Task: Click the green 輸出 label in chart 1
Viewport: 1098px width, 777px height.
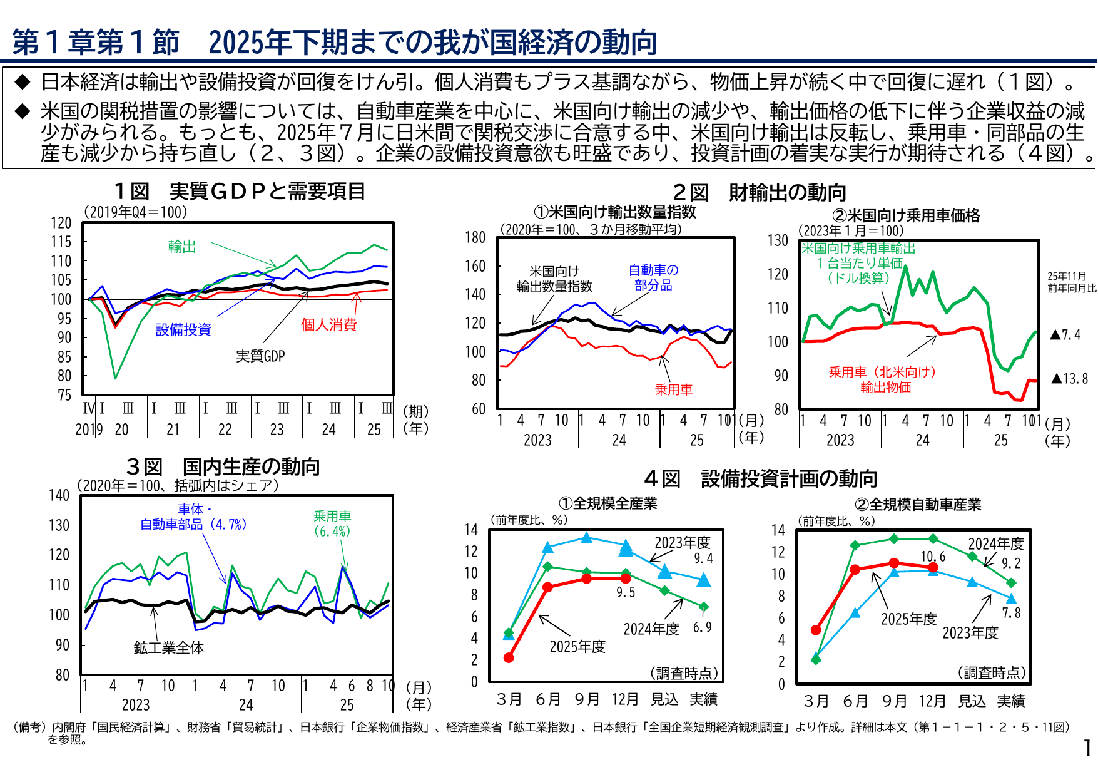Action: [182, 247]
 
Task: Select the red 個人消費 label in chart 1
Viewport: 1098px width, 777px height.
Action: [328, 324]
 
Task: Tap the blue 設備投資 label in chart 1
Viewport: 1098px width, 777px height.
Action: [183, 330]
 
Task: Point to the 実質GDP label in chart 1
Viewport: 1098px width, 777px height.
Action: [260, 356]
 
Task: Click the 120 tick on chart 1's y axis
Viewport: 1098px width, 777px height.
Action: [61, 223]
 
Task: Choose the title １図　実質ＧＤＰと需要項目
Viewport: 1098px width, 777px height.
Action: [240, 192]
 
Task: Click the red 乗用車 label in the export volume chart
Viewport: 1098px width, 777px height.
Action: [674, 389]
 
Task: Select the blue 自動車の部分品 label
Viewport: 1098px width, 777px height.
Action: [653, 278]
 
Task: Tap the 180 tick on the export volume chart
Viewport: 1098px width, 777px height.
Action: [475, 237]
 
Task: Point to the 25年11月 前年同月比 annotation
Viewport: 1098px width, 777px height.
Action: [1072, 282]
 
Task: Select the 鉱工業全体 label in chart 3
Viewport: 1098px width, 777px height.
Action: [168, 648]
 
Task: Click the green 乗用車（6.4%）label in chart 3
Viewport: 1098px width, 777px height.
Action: [332, 523]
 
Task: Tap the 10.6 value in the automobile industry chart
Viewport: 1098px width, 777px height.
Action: [932, 557]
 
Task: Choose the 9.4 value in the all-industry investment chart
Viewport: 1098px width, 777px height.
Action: [703, 558]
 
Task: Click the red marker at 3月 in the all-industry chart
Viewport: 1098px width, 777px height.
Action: [509, 658]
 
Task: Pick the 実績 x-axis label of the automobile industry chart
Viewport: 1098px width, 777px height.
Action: [1011, 701]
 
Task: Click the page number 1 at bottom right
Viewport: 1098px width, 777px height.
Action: [1087, 748]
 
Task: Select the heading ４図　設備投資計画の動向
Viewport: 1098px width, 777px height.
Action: [760, 479]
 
